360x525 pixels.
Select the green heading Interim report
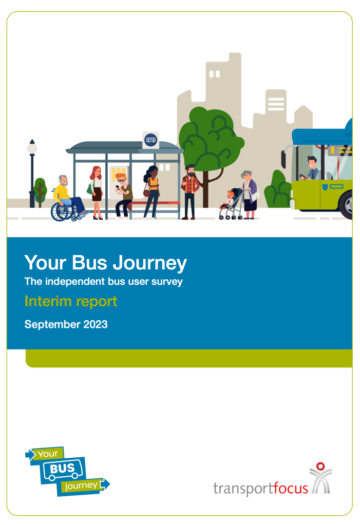(x=71, y=301)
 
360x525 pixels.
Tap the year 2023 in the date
(x=95, y=324)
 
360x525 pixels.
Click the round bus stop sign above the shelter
(x=151, y=140)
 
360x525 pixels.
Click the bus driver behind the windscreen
(x=311, y=168)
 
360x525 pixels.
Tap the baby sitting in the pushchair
(x=228, y=200)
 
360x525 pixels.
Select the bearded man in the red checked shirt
(x=190, y=192)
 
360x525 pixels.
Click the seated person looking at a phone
(x=123, y=195)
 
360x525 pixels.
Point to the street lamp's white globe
(x=32, y=148)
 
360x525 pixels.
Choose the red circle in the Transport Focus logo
(x=320, y=466)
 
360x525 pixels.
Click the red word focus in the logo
(x=291, y=488)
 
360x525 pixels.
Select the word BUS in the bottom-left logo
(x=62, y=468)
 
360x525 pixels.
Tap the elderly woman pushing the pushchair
(x=249, y=195)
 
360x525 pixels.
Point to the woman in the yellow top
(x=151, y=192)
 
